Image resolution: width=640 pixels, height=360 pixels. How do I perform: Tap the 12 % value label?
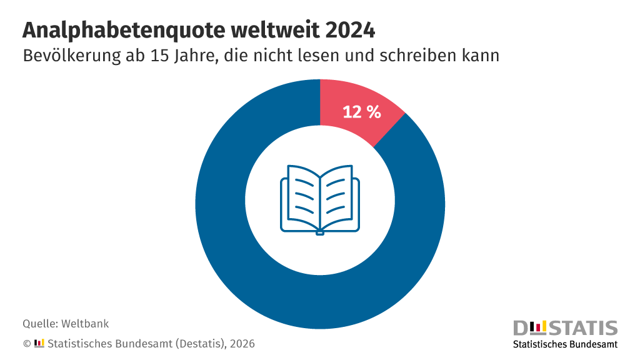tap(362, 112)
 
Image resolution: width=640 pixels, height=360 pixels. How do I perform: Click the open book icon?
tap(320, 200)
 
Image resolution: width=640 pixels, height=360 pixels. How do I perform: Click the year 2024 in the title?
tap(350, 30)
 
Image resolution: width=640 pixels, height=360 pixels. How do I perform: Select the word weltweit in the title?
tap(276, 30)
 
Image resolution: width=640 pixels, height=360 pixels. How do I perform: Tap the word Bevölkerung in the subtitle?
tap(72, 56)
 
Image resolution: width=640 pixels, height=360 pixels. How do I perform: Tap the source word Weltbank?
tap(85, 324)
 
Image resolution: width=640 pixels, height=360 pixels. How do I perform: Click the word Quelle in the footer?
tap(40, 324)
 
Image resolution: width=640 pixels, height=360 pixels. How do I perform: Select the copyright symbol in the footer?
tap(27, 344)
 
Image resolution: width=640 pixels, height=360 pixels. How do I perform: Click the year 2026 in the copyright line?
tap(242, 344)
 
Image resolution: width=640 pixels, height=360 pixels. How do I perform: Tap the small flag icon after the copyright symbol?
tap(39, 343)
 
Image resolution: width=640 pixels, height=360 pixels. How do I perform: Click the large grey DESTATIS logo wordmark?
tap(565, 328)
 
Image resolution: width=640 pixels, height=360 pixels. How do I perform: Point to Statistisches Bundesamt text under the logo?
tap(565, 344)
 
